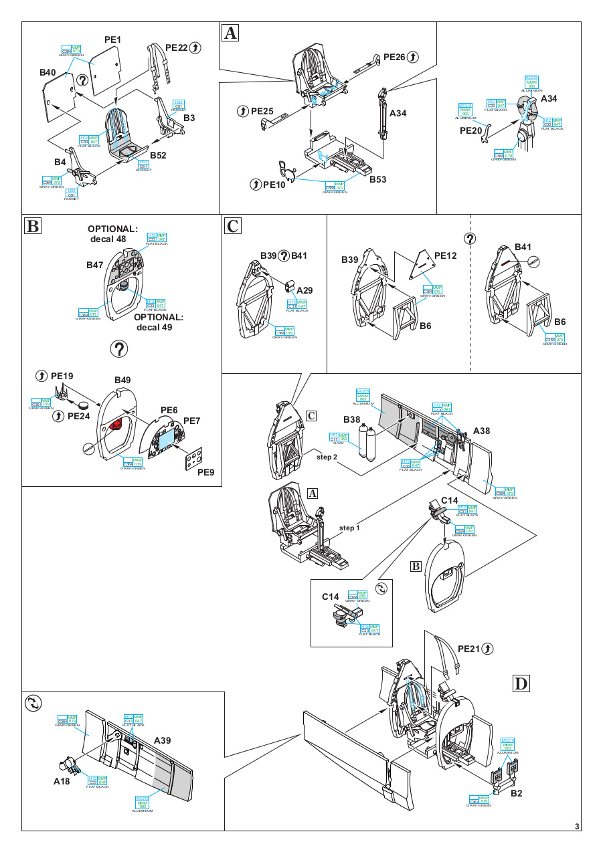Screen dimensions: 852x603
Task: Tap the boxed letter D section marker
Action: [x=521, y=683]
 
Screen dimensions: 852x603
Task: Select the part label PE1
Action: [x=113, y=40]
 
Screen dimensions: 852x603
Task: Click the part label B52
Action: [x=159, y=155]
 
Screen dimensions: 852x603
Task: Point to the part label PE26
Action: [x=394, y=58]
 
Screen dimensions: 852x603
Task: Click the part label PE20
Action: [x=470, y=131]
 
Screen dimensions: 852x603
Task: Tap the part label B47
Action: [x=95, y=265]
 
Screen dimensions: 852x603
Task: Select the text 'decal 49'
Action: [x=157, y=327]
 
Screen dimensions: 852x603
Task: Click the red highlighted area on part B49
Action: [x=118, y=424]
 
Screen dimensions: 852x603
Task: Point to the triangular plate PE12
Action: [x=422, y=265]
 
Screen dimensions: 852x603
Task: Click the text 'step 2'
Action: [x=327, y=456]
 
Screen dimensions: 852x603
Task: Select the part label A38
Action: [x=482, y=431]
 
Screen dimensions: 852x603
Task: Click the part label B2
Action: [x=516, y=794]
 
